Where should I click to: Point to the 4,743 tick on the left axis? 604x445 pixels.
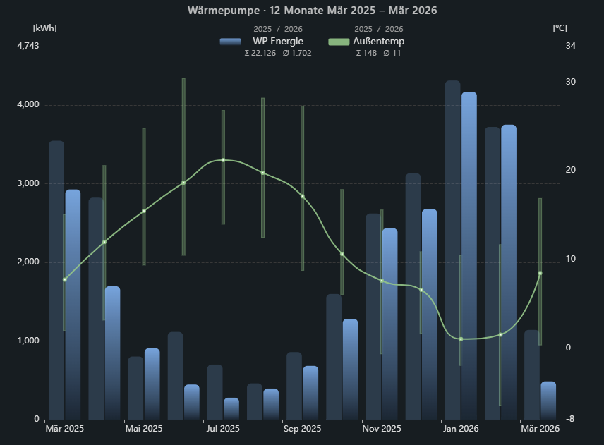28,46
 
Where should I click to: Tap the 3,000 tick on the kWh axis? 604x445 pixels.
28,183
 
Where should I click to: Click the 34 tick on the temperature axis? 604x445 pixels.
571,46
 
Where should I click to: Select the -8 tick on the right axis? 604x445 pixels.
570,419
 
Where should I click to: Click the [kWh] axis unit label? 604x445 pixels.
44,28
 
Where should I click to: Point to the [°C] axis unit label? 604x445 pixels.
560,28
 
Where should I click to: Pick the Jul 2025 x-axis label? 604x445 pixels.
223,428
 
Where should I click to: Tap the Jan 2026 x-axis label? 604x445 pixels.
461,428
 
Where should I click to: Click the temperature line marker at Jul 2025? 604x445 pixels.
223,160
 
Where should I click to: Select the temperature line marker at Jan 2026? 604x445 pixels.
461,339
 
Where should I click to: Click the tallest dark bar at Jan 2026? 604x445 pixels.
452,247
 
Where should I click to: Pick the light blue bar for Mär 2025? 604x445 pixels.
73,303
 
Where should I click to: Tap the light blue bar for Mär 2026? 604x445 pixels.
548,400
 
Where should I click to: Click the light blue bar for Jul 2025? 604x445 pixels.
231,408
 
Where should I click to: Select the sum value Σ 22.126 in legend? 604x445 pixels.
260,53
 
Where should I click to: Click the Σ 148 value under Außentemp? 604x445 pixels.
366,53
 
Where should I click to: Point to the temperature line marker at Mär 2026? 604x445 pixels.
540,273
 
